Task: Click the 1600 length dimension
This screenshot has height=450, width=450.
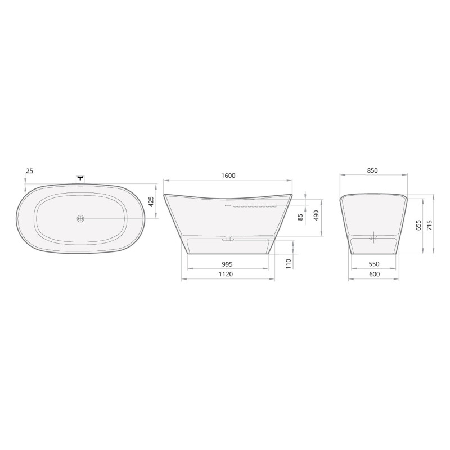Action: pos(228,175)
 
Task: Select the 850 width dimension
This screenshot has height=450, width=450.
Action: pos(372,170)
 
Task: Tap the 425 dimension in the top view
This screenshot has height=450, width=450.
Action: pos(152,201)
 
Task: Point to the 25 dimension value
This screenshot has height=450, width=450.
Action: pos(30,171)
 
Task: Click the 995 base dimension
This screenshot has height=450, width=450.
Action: pos(227,264)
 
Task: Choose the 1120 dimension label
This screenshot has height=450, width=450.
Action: pos(226,274)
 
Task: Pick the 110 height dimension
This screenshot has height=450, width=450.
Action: pos(289,264)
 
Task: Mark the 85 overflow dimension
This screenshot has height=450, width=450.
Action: pos(300,217)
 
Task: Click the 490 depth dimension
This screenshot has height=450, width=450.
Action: pos(316,215)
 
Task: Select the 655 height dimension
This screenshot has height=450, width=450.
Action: pos(418,226)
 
